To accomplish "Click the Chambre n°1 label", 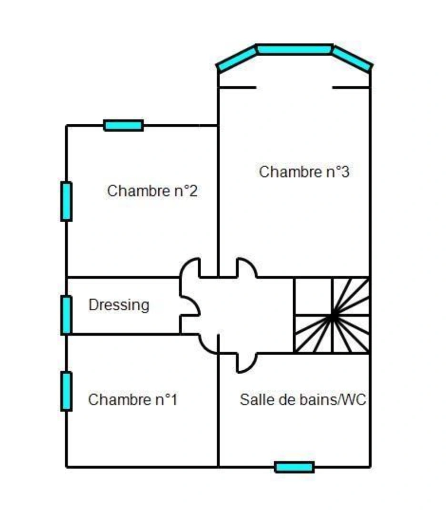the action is [132, 400].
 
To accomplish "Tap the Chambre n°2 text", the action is [153, 191].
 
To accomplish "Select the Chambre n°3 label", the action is [304, 172].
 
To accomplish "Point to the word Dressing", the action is [119, 306].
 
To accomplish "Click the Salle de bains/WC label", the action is [303, 400].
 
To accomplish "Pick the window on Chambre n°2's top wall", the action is [123, 126].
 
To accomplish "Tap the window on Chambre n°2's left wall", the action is [66, 201].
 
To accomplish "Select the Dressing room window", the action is [66, 315].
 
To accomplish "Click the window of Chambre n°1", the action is [66, 391].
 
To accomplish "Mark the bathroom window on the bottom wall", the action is [295, 467].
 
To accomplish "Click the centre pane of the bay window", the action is [295, 49].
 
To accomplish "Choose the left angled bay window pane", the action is [237, 59].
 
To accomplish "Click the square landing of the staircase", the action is [314, 297].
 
